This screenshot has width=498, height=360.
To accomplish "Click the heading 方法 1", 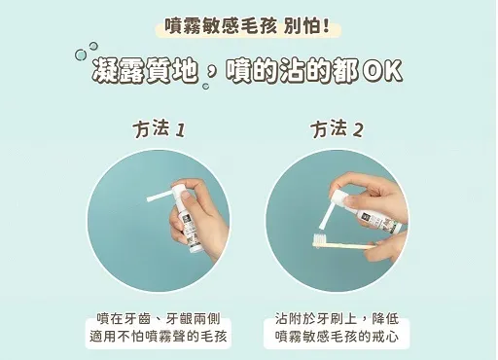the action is pos(159,128).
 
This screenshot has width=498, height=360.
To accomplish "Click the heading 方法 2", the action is pos(337,128).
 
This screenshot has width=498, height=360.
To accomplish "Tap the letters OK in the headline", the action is pos(382,70).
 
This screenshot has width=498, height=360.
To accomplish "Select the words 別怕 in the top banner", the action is pos(302,26).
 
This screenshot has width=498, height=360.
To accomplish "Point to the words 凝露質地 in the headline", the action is pos(145,70).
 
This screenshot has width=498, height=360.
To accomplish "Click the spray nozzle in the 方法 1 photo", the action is pos(160,197).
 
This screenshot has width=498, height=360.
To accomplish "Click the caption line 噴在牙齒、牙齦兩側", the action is pos(159,319).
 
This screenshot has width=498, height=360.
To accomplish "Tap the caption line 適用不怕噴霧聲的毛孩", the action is pos(159,336).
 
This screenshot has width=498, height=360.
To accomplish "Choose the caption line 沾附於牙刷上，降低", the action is pos(337,319).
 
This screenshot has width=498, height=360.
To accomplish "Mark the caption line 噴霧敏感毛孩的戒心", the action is pos(337,336).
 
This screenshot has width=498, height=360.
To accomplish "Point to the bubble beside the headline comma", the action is pos(205,87).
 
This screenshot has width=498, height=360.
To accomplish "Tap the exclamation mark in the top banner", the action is pos(326,26).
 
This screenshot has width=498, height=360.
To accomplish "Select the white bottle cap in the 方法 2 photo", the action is pos(338,198).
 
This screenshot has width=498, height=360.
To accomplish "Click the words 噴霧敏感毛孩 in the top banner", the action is pos(221,26).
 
